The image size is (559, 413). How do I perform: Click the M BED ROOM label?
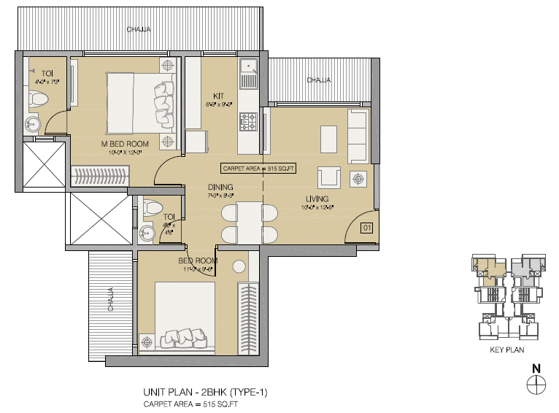click(x=125, y=144)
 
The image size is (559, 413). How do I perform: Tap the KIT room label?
click(x=217, y=96)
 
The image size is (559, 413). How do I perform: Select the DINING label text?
click(x=220, y=187)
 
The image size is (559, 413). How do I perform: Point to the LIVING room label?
click(x=317, y=198)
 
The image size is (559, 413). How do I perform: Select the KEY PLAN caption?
click(x=506, y=350)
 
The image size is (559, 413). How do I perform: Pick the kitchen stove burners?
click(x=249, y=121)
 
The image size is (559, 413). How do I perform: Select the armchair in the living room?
click(x=328, y=177)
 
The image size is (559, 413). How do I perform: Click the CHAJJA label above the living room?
click(x=318, y=80)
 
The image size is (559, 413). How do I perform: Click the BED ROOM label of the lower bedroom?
click(x=198, y=260)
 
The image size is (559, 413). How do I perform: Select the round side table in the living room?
click(x=358, y=177)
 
